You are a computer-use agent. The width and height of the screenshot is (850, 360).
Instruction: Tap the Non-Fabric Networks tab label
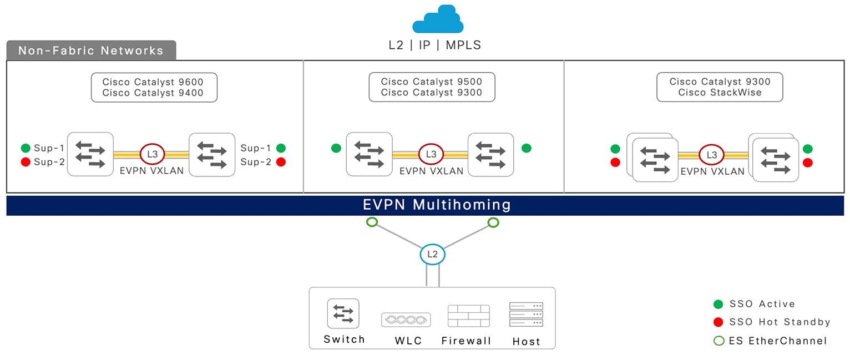click(x=91, y=51)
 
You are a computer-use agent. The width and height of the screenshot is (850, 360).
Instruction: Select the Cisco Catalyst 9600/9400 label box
click(x=154, y=87)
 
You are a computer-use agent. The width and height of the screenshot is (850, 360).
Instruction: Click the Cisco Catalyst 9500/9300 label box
click(x=432, y=87)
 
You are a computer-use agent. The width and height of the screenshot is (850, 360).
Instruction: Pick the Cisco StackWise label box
click(x=720, y=87)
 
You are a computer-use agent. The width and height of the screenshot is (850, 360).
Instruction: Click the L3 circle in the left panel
click(x=153, y=154)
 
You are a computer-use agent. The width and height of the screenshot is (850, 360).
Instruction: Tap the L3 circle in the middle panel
click(x=431, y=154)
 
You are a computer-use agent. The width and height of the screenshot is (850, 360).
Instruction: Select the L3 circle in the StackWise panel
click(x=711, y=155)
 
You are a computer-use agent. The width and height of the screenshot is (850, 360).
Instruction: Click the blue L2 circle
click(x=432, y=255)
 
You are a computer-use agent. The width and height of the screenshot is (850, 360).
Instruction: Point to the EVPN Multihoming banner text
click(x=437, y=205)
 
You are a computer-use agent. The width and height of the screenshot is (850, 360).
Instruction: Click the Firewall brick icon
click(x=468, y=316)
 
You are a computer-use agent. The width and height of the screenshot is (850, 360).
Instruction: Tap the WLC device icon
click(x=406, y=320)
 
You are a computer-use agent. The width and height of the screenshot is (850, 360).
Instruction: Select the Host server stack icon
click(x=525, y=315)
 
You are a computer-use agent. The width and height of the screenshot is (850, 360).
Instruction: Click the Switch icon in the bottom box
click(x=343, y=314)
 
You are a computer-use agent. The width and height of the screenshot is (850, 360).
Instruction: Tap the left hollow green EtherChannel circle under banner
click(x=372, y=222)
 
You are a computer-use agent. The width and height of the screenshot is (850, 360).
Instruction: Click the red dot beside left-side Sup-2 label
click(x=26, y=162)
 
